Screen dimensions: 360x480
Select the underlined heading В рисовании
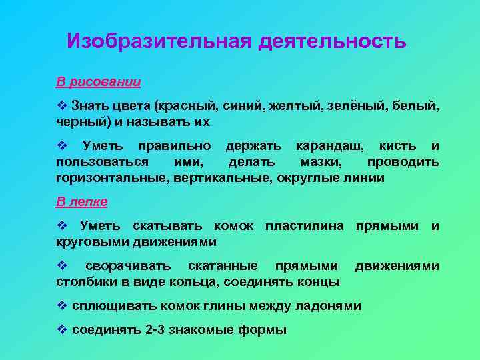tap(98, 83)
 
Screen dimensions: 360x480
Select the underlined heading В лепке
tap(82, 201)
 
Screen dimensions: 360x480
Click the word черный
tap(78, 123)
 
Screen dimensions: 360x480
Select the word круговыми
tap(87, 241)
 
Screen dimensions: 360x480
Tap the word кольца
tap(193, 282)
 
